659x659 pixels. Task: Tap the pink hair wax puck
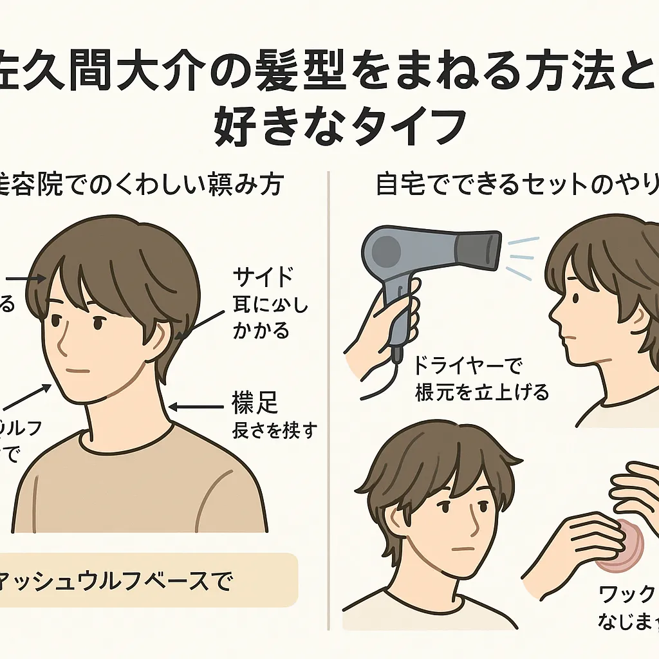[x=618, y=546]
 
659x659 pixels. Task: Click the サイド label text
[x=263, y=277]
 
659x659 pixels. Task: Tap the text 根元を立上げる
[x=482, y=392]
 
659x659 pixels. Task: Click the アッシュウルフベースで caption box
[x=148, y=579]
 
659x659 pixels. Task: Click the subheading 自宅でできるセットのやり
[x=515, y=187]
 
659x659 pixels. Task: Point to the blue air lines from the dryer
[x=520, y=257]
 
